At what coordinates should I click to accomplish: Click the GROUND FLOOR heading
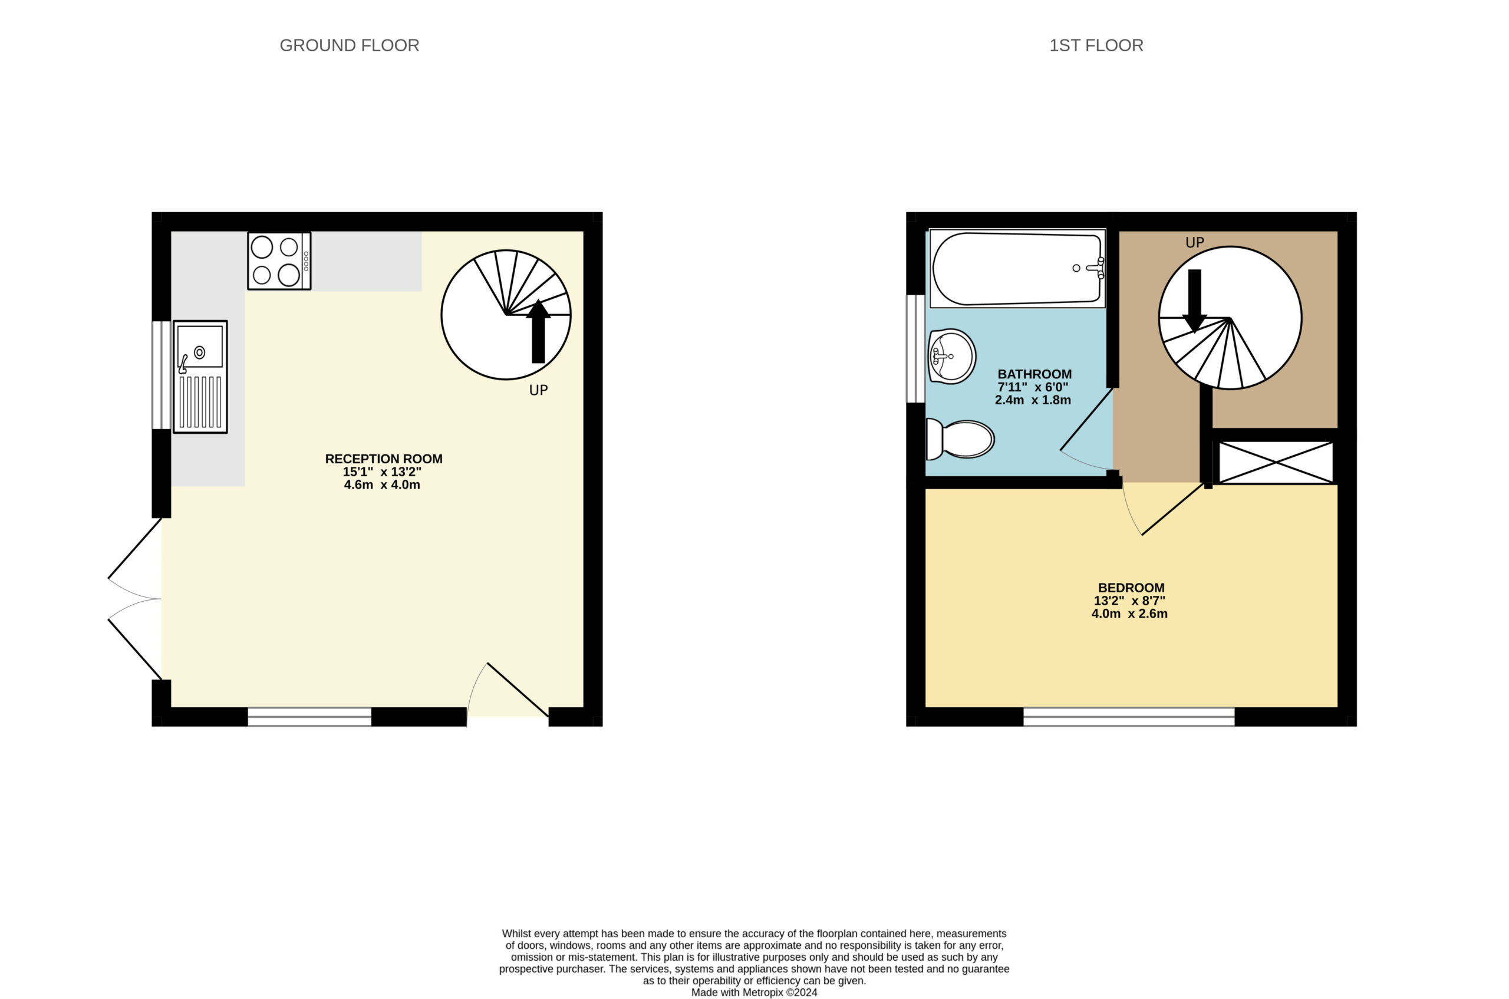coord(349,45)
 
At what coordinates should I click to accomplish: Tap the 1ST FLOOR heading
coord(1096,45)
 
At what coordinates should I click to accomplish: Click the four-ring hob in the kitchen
coord(279,261)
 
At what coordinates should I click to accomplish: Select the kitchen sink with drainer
coord(200,377)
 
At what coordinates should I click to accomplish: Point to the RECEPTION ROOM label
coord(384,459)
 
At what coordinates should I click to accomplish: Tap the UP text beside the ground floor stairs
coord(539,390)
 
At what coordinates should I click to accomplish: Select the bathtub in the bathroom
coord(1017,268)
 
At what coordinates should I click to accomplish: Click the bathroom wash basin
coord(951,356)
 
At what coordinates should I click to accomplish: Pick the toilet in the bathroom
coord(960,439)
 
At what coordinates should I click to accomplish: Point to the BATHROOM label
coord(1034,374)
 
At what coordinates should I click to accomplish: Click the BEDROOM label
coord(1131,588)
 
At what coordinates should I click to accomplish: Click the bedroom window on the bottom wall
coord(1129,716)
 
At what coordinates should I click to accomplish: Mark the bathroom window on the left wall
coord(916,348)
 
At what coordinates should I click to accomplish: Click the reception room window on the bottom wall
coord(309,716)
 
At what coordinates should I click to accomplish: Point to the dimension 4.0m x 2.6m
coord(1129,614)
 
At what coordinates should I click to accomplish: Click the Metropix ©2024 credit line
coord(754,992)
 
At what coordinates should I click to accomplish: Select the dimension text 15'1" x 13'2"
coord(382,472)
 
